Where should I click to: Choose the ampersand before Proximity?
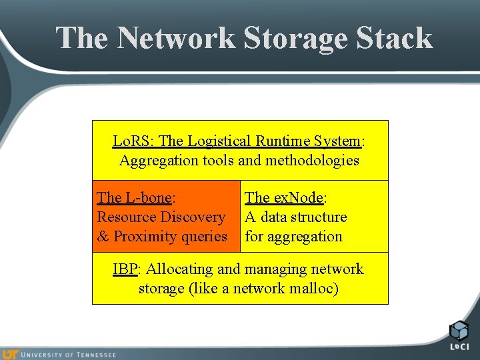point(103,236)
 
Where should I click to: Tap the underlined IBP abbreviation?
point(125,269)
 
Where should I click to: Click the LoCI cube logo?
point(459,331)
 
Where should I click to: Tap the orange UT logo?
point(11,354)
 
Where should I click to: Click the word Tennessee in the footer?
point(95,355)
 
